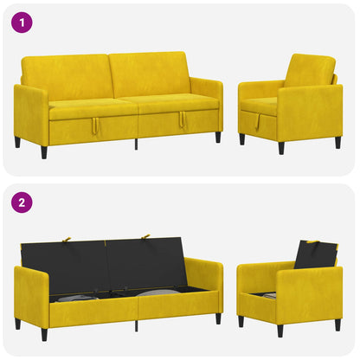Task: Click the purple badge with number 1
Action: (x=22, y=22)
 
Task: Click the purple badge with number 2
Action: (x=22, y=202)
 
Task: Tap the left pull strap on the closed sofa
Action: (x=95, y=125)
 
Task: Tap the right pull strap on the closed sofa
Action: (x=183, y=119)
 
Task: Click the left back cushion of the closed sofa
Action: (x=67, y=76)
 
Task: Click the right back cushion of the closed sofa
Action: (x=150, y=74)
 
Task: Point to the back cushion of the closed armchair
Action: (x=310, y=71)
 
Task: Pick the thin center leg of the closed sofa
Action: (x=136, y=145)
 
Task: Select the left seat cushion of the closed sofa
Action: (x=93, y=109)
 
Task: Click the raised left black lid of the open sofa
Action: (x=64, y=267)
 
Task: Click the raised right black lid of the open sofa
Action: (x=145, y=263)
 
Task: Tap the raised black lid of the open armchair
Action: (x=316, y=254)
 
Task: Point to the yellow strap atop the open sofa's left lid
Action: (x=67, y=240)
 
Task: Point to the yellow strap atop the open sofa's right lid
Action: (x=145, y=237)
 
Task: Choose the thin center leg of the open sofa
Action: (x=136, y=325)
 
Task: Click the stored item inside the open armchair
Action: (x=267, y=296)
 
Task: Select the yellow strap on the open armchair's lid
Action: (x=312, y=241)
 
